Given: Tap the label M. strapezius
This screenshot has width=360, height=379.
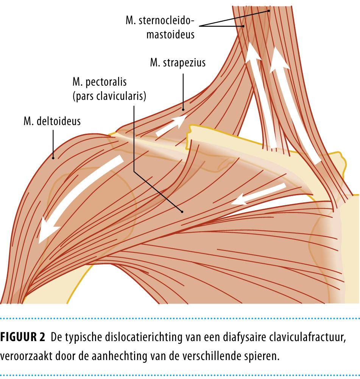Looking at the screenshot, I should [x=178, y=63].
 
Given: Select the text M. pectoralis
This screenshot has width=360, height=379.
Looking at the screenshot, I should [x=99, y=82].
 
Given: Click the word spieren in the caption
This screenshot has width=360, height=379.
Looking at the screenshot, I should [x=259, y=357].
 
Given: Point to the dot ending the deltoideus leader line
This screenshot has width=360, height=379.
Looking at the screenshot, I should [x=53, y=158].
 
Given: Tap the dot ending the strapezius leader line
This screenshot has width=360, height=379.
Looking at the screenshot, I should [x=183, y=110].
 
